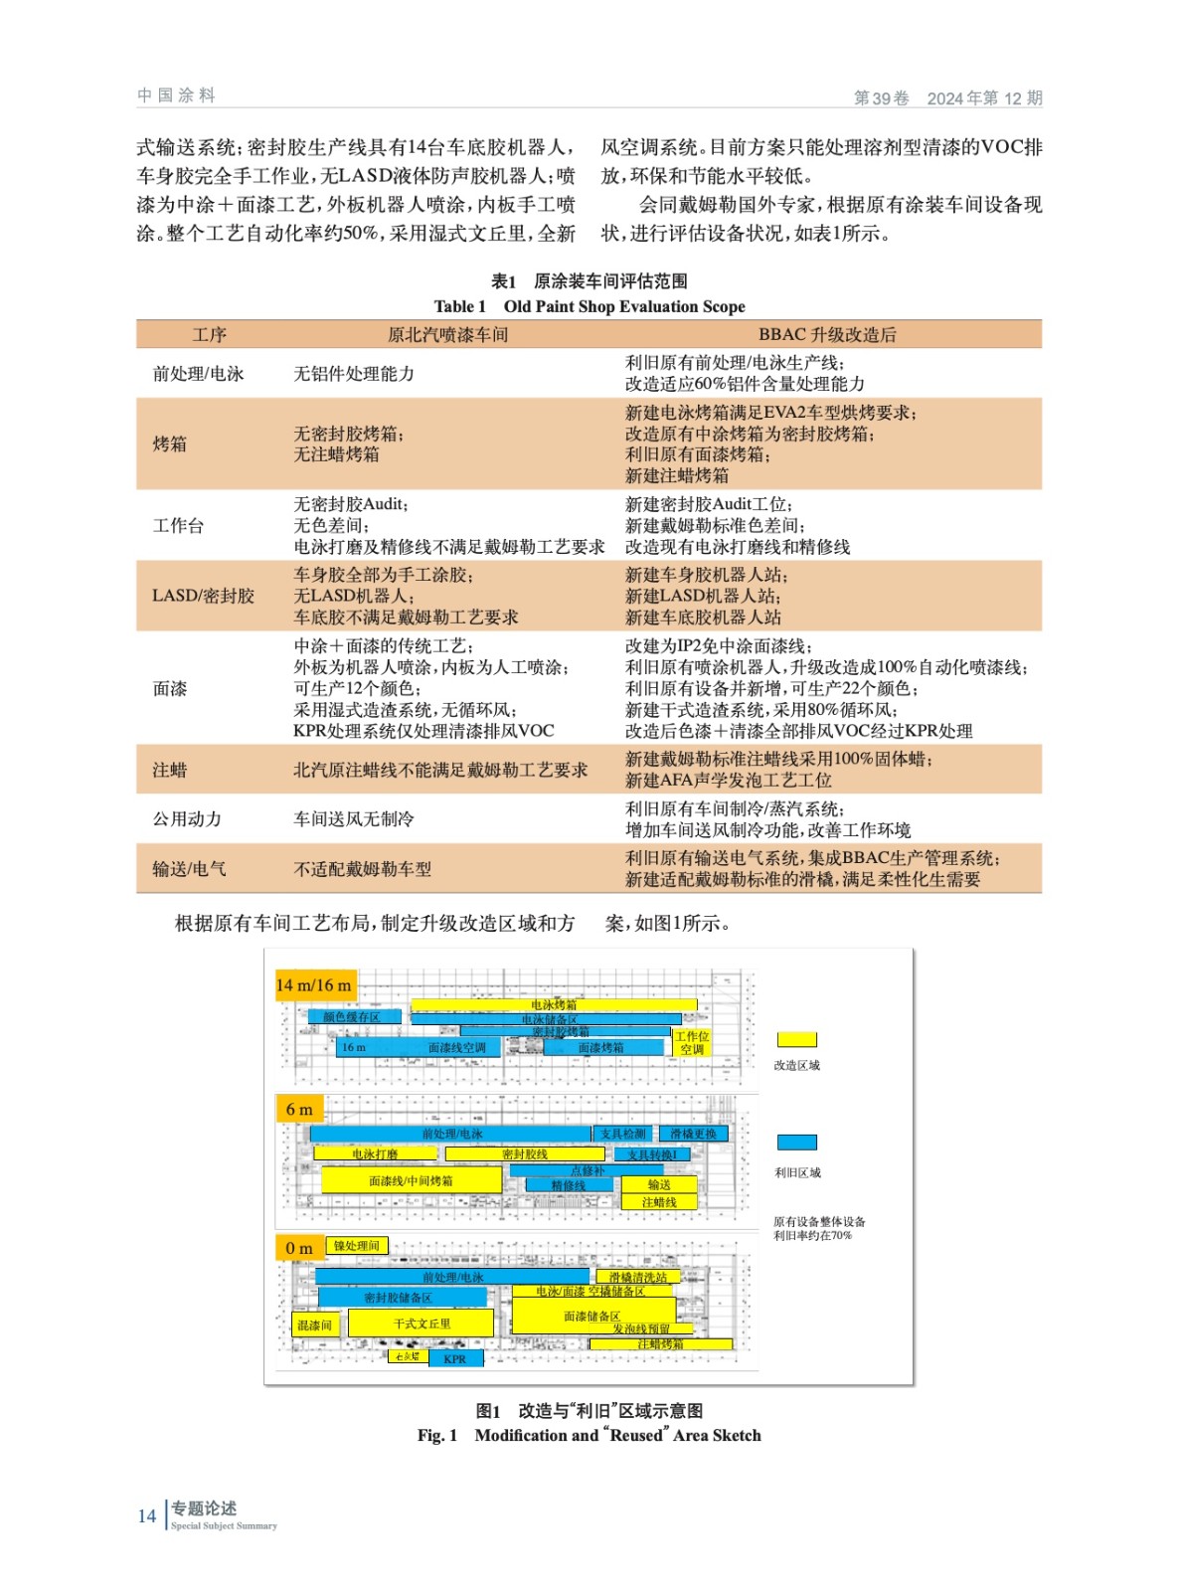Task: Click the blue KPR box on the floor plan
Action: (455, 1358)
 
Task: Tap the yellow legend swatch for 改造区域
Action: (796, 1039)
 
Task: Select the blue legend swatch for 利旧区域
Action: (796, 1143)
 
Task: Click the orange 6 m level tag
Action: (298, 1109)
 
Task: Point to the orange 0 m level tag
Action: (298, 1248)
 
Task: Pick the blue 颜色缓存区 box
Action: (351, 1017)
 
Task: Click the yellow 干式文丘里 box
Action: (421, 1324)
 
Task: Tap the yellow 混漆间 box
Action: (314, 1326)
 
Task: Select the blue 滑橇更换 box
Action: (693, 1134)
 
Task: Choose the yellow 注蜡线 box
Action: (658, 1202)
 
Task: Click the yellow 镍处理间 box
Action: (356, 1246)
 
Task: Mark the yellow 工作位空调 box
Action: (692, 1043)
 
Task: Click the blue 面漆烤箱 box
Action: (601, 1048)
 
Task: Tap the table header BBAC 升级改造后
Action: (827, 335)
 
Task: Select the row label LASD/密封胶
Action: (203, 596)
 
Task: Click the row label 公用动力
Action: (187, 819)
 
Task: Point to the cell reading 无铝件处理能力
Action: (354, 374)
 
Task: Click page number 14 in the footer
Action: (147, 1515)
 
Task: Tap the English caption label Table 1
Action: (459, 306)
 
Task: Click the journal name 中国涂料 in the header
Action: (176, 95)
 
